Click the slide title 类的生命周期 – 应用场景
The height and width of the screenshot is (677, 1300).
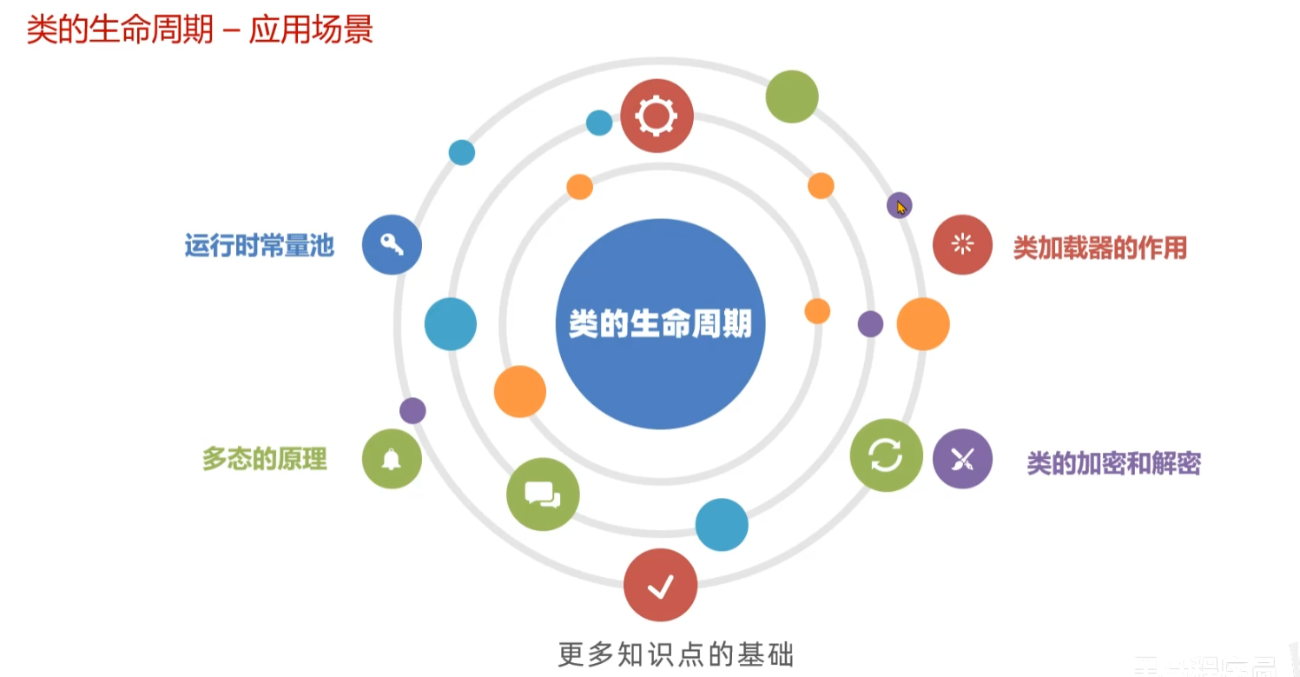(200, 30)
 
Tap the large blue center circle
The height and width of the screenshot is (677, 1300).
(660, 324)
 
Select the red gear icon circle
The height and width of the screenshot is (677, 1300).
(657, 116)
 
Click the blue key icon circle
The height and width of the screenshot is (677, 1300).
(392, 245)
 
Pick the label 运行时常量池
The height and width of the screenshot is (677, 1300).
(259, 246)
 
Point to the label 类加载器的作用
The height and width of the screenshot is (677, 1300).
(1099, 249)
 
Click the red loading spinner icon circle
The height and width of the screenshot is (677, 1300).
(962, 244)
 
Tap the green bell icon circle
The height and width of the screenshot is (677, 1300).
(392, 458)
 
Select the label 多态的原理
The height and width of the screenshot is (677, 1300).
(265, 459)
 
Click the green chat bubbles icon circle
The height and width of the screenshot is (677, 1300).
(543, 494)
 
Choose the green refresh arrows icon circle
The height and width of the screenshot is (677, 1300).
(886, 455)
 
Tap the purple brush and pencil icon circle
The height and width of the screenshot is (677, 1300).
(962, 459)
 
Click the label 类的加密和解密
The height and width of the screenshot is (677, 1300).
(1113, 463)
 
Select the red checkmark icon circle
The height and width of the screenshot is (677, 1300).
(660, 585)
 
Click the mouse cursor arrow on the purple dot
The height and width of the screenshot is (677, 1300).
(901, 207)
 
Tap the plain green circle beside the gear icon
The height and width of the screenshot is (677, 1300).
(792, 96)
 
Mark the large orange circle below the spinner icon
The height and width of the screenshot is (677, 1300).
(923, 324)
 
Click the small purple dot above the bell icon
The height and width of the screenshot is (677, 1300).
(412, 410)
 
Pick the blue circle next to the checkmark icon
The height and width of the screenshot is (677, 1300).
(722, 525)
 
